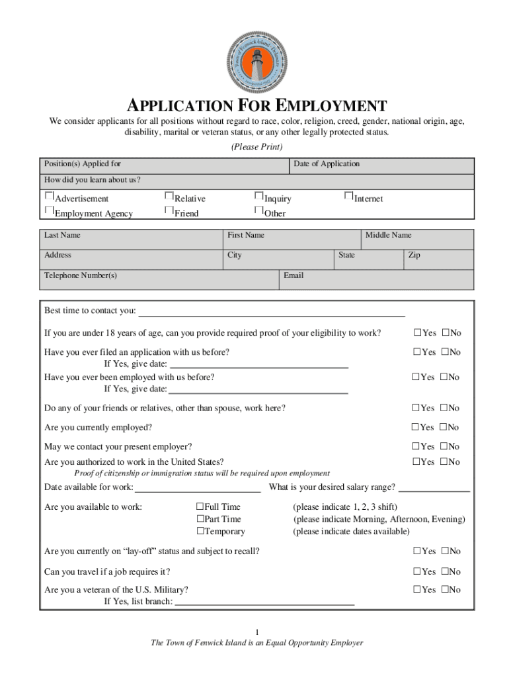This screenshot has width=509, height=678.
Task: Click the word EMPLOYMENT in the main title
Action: [331, 106]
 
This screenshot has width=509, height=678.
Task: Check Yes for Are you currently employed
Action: [416, 427]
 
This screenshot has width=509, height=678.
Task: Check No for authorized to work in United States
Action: [445, 462]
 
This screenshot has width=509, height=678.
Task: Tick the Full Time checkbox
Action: [200, 507]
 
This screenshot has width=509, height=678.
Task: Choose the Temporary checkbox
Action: [200, 531]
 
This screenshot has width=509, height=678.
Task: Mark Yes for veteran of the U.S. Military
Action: [417, 589]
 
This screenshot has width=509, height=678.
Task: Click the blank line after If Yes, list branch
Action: [264, 603]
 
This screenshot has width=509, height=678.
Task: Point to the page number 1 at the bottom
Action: [257, 632]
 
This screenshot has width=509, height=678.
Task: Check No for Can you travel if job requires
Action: [445, 571]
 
